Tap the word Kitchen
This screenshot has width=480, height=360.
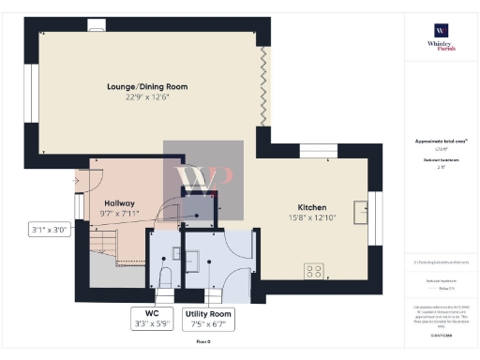pyautogui.click(x=311, y=206)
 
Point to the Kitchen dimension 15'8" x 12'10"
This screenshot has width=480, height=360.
pyautogui.click(x=311, y=217)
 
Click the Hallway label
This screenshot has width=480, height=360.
pyautogui.click(x=118, y=202)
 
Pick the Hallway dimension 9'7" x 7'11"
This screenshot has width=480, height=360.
pyautogui.click(x=118, y=213)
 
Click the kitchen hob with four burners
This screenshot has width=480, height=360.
pyautogui.click(x=313, y=271)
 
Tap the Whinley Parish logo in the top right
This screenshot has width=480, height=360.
pyautogui.click(x=441, y=37)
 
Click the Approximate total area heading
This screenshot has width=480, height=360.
pyautogui.click(x=441, y=142)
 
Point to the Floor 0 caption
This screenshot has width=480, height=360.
pyautogui.click(x=203, y=342)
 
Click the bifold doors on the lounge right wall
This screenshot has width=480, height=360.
pyautogui.click(x=264, y=89)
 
